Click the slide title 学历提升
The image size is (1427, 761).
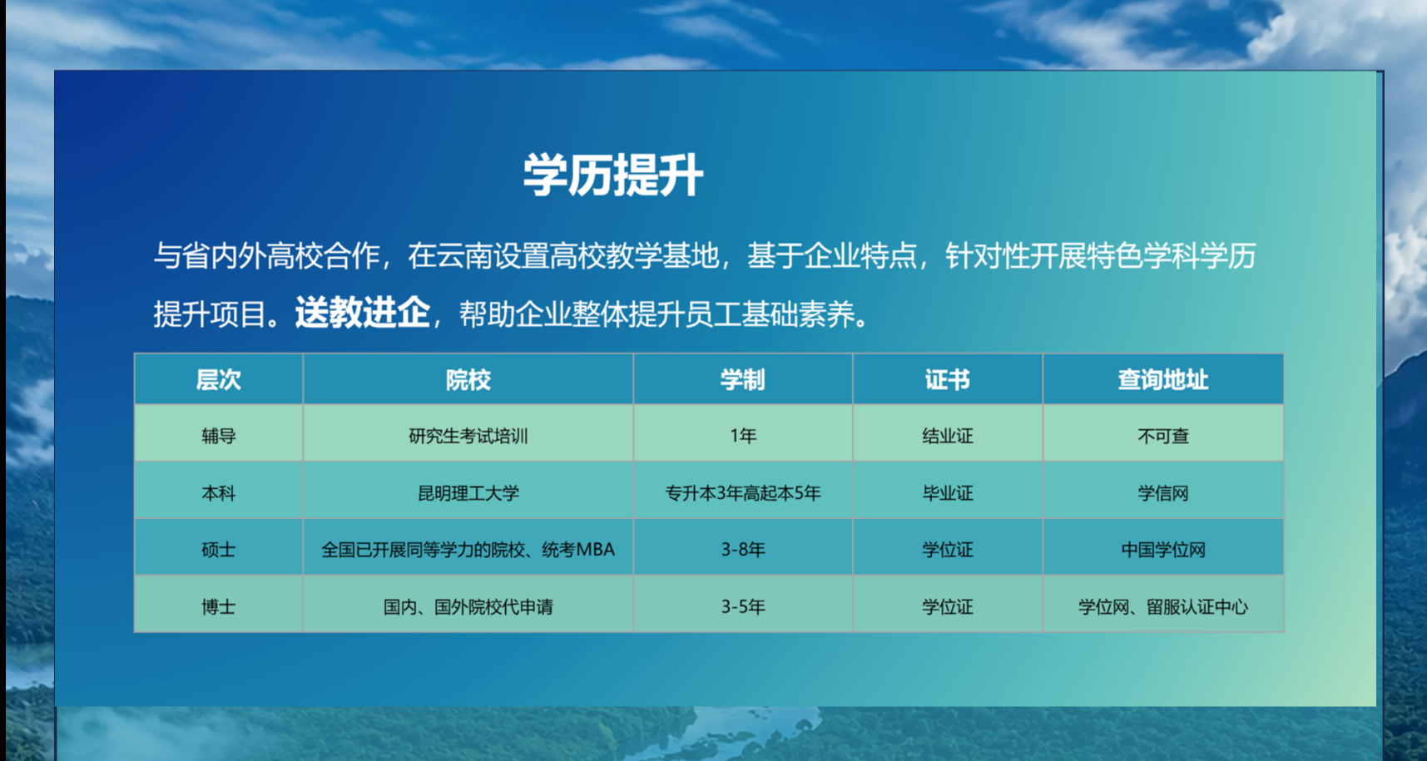click(x=613, y=175)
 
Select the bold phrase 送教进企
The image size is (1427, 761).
click(x=362, y=313)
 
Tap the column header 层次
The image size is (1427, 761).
click(x=218, y=380)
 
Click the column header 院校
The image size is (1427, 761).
click(x=468, y=380)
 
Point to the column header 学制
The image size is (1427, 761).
click(x=742, y=380)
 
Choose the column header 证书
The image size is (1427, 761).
click(x=947, y=380)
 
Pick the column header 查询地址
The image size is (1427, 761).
click(x=1162, y=380)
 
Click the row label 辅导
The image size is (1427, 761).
click(x=218, y=436)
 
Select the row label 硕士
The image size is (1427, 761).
click(x=218, y=550)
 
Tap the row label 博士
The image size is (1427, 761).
click(x=218, y=607)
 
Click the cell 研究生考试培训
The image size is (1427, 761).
click(x=468, y=436)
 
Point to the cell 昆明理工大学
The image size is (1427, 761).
click(x=468, y=493)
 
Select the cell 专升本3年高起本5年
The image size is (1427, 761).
click(x=742, y=493)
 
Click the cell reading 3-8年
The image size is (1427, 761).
click(x=742, y=550)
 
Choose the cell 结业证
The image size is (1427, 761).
click(x=947, y=436)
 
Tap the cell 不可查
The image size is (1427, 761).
click(x=1162, y=436)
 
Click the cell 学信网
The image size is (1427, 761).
click(x=1162, y=493)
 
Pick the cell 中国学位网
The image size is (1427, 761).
click(x=1162, y=550)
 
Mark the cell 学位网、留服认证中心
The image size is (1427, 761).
click(x=1162, y=607)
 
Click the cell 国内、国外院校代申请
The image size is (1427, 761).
click(x=468, y=607)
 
